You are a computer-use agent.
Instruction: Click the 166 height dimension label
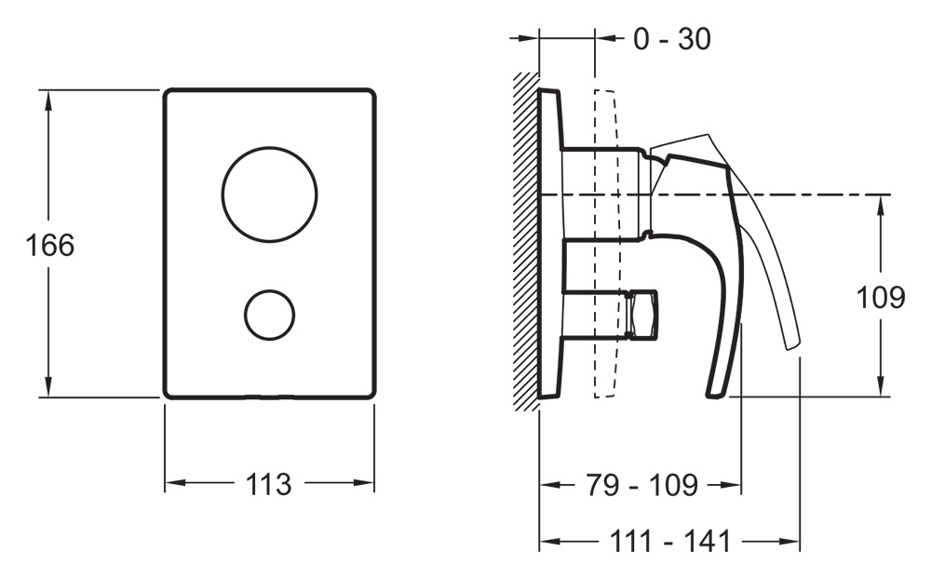(50, 245)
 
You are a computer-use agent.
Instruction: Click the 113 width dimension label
(268, 484)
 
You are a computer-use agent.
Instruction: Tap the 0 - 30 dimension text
(672, 39)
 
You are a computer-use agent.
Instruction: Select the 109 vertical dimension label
(880, 297)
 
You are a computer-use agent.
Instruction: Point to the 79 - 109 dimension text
(641, 485)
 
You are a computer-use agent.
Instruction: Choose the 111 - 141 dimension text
(670, 541)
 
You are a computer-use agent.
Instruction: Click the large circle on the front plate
(270, 195)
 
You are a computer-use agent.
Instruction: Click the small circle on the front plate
(270, 316)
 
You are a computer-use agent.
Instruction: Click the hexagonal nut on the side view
(642, 316)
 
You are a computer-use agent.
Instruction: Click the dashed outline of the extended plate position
(606, 244)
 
